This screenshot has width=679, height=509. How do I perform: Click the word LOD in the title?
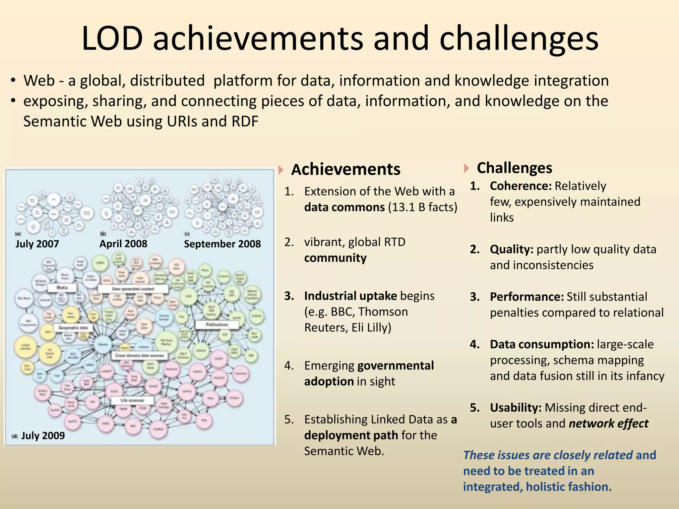coord(112,39)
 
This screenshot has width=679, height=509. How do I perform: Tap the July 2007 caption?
coord(37,244)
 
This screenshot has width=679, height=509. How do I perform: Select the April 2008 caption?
coord(123,244)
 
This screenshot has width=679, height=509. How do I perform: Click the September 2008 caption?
coord(222,244)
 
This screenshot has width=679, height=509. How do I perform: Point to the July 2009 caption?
coord(43,435)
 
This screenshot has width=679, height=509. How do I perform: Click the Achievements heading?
coord(345,169)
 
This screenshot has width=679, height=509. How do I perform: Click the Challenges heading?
coord(514,168)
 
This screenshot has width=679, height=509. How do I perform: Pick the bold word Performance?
coord(526,297)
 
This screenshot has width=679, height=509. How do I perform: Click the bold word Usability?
coord(516,408)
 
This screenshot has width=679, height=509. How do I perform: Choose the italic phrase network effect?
coord(608,424)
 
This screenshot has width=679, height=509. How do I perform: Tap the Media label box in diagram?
coord(62,288)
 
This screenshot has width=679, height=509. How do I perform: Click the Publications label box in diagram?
coord(217,324)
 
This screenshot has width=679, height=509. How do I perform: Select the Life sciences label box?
coord(132,400)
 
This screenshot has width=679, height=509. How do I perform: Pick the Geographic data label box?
coord(73,328)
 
